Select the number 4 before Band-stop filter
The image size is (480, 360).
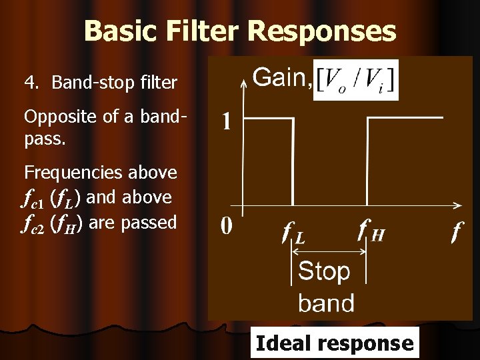click(29, 83)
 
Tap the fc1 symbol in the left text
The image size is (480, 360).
click(34, 198)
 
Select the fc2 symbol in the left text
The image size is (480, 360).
click(34, 223)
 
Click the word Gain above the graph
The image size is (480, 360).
click(281, 79)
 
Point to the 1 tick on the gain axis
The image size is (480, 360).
click(227, 121)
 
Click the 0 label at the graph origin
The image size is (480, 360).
click(227, 227)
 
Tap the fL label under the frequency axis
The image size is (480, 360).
click(293, 233)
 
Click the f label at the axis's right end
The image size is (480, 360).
click(457, 232)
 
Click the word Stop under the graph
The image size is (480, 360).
click(324, 271)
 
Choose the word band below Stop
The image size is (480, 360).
click(326, 303)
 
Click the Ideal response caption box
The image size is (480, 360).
click(334, 343)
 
